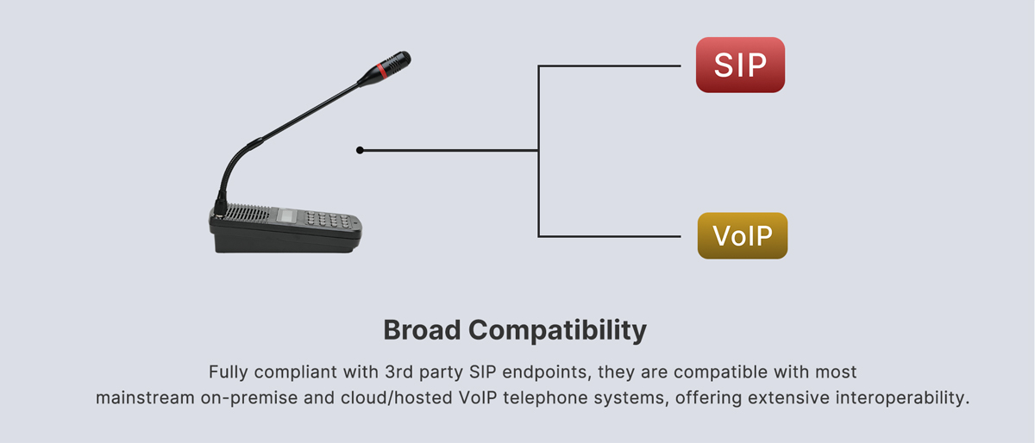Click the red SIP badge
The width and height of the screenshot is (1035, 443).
point(740,65)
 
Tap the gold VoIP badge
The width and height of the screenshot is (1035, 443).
point(743,235)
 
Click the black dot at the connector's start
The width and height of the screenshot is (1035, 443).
point(360,150)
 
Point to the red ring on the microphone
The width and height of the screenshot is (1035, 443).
point(381,70)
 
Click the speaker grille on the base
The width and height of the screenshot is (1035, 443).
point(248,215)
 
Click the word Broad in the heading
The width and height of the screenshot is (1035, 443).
point(422,330)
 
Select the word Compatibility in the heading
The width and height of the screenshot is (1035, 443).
point(557,331)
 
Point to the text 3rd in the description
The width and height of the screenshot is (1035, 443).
point(398,371)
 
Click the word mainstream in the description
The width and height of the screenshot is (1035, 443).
point(145,397)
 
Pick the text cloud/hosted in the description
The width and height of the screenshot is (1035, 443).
point(397,397)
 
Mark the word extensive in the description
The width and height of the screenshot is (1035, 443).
point(791,397)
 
